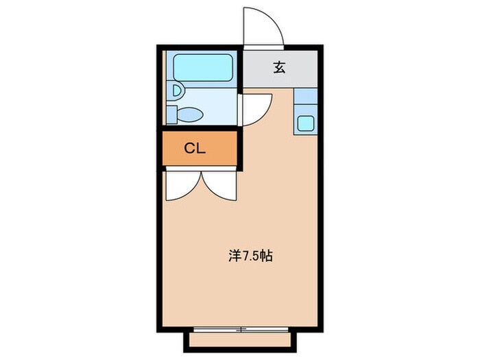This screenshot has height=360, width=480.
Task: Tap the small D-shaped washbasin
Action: pyautogui.click(x=177, y=89)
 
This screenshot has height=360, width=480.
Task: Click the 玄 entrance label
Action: pyautogui.click(x=279, y=67)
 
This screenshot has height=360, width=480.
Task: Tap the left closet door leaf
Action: pyautogui.click(x=182, y=185)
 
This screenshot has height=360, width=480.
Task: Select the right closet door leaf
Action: pyautogui.click(x=219, y=185)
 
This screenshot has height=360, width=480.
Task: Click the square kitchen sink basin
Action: pyautogui.click(x=305, y=123)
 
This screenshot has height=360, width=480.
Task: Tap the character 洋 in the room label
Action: pyautogui.click(x=233, y=257)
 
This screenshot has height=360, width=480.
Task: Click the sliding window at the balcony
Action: pyautogui.click(x=240, y=330)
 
